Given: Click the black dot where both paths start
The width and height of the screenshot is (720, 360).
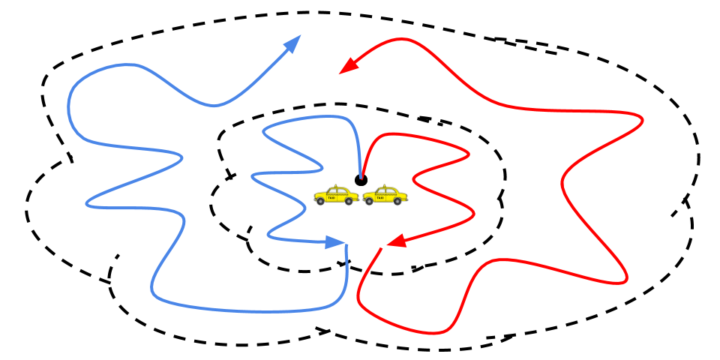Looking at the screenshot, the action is click(361, 180).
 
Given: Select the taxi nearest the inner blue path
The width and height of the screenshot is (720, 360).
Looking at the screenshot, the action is click(336, 196).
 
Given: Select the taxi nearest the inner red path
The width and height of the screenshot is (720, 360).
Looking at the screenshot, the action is click(385, 196).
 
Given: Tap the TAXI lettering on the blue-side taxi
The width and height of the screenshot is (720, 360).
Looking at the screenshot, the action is click(331, 198).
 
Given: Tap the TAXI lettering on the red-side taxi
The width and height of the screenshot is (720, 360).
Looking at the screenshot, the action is click(380, 198).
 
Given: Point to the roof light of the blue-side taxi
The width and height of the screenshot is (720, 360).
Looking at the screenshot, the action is click(335, 185).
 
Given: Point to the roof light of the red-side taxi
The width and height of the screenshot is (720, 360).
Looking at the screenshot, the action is click(384, 186).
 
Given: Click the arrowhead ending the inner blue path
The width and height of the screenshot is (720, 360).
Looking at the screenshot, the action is click(334, 242).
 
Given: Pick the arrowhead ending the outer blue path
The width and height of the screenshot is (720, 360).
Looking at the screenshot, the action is click(292, 43).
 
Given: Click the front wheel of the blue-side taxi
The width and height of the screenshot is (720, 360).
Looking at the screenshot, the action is click(320, 201).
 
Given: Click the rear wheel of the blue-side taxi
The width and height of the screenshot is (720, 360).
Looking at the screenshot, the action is click(349, 201).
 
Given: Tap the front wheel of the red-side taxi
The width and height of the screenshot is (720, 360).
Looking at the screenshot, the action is click(369, 201).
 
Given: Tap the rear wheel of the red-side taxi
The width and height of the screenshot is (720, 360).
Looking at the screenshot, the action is click(397, 201).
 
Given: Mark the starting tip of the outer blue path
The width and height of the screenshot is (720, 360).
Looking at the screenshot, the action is click(346, 246).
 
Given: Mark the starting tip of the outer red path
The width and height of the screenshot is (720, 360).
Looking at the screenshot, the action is click(381, 249).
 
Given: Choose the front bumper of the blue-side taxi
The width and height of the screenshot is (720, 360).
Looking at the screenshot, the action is click(315, 199).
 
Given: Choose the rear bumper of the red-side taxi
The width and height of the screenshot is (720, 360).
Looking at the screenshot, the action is click(406, 199).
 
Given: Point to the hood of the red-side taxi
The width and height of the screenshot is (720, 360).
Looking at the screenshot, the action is click(370, 195).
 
